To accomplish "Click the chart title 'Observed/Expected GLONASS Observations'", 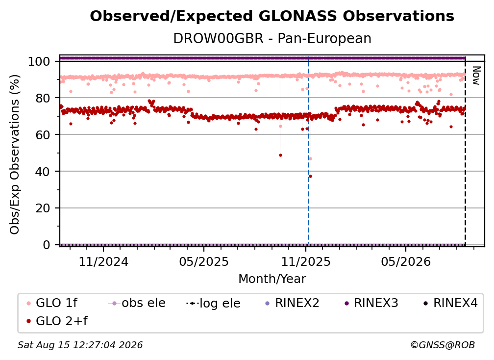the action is point(272,16).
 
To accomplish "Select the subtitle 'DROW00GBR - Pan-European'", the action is point(272,38).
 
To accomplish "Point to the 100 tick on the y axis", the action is point(39,61).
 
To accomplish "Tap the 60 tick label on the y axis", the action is point(43,135).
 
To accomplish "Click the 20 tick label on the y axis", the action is point(43,208).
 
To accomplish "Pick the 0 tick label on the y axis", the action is point(47,245).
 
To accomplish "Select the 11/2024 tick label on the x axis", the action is point(103,261).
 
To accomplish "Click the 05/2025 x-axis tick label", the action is point(204,261).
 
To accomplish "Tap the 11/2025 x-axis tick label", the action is point(306,261).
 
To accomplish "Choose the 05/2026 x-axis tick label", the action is point(406,261).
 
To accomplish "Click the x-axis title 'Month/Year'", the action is point(272,279).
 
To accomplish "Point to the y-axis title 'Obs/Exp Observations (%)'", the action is point(15,154).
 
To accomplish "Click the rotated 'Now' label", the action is point(476,76).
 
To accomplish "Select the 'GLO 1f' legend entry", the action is point(52,303).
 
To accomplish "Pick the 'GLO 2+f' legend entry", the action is point(57,321).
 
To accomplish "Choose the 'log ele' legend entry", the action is point(213,304).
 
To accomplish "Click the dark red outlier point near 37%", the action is point(310,176).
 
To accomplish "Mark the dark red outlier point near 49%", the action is point(280,155).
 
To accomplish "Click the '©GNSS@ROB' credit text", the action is point(443,345).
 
